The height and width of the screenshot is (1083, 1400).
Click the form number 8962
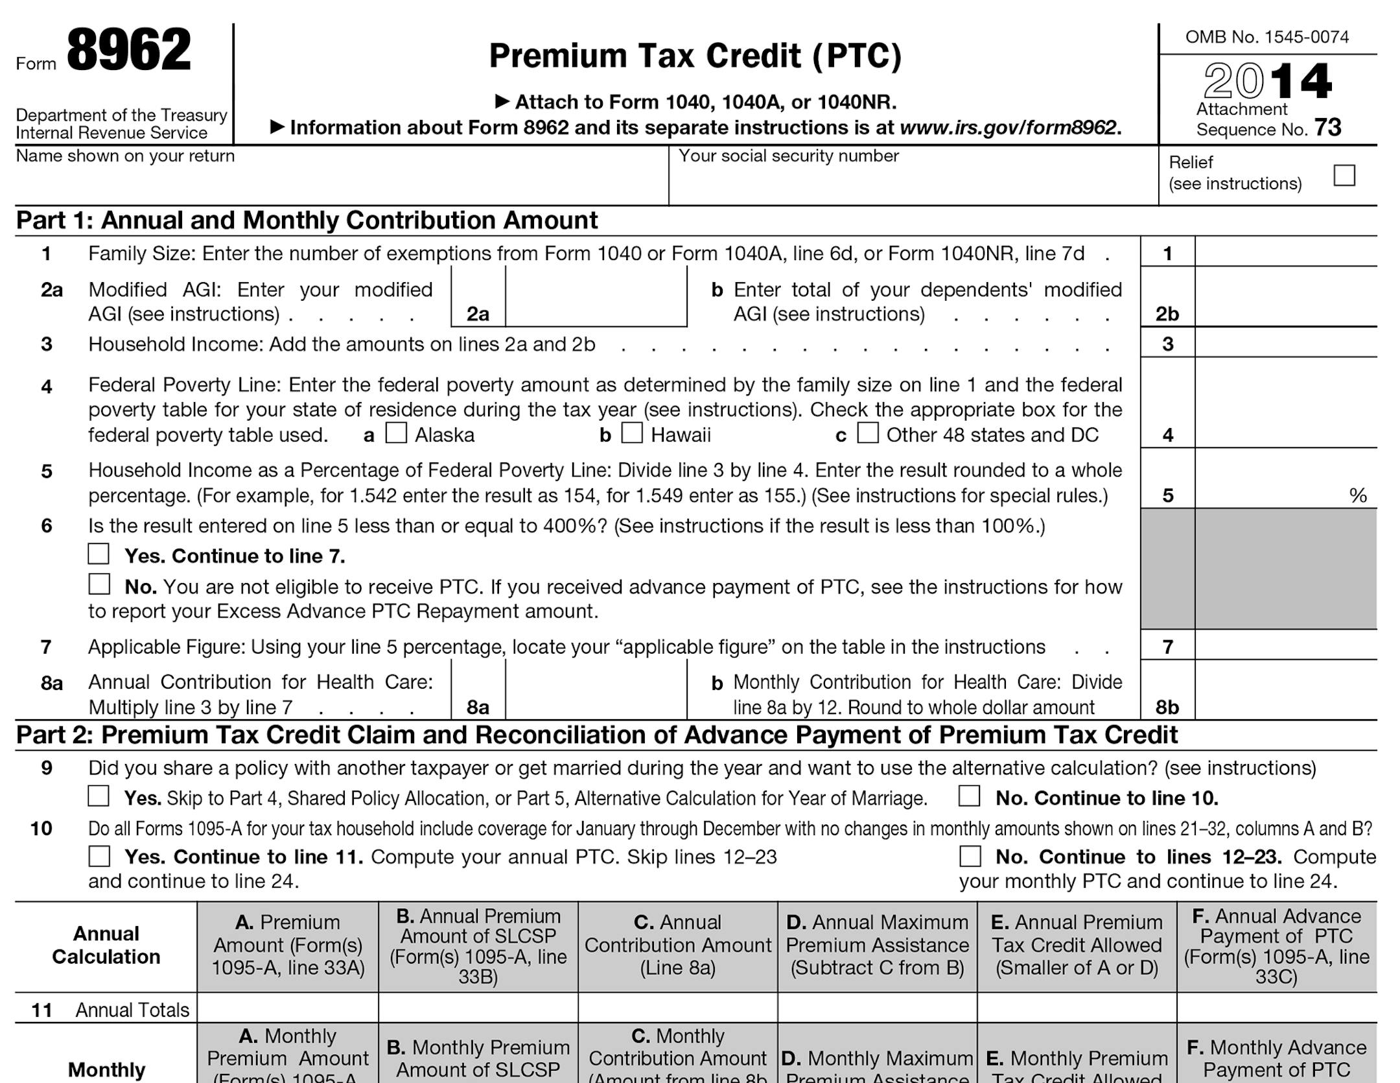[128, 51]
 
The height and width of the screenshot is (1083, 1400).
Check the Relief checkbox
[1344, 175]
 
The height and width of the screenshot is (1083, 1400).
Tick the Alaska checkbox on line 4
[396, 433]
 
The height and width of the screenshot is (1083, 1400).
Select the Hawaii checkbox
[632, 433]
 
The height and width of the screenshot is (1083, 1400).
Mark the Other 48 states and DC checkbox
[868, 433]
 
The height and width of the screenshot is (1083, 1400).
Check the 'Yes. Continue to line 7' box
[99, 554]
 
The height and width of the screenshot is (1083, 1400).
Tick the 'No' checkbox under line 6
[99, 584]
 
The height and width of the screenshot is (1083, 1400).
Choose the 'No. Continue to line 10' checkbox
[969, 796]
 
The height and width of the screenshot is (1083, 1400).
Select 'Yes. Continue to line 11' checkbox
[99, 856]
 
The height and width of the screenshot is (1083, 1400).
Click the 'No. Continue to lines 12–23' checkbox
[970, 856]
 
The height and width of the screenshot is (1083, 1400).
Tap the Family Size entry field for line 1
[1285, 252]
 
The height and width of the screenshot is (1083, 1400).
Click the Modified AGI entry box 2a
[595, 297]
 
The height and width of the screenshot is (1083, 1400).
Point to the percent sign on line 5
[1358, 496]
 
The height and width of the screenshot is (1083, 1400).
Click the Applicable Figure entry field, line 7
[1285, 645]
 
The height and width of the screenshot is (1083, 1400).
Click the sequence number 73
[1327, 128]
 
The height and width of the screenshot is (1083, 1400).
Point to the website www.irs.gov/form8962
[1009, 128]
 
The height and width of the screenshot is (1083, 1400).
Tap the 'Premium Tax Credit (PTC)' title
[695, 56]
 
